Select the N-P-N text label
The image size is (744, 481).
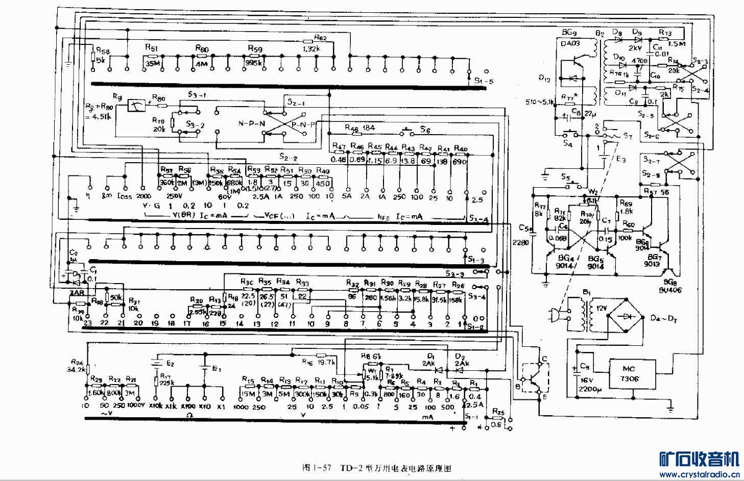tap(252, 123)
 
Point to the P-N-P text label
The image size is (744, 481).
tap(304, 124)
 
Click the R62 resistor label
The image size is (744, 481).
tap(320, 37)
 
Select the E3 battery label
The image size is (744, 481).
tap(620, 159)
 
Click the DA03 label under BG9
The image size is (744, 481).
tap(570, 44)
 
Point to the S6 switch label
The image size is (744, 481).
tap(425, 130)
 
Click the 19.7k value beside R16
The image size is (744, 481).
tap(326, 362)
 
